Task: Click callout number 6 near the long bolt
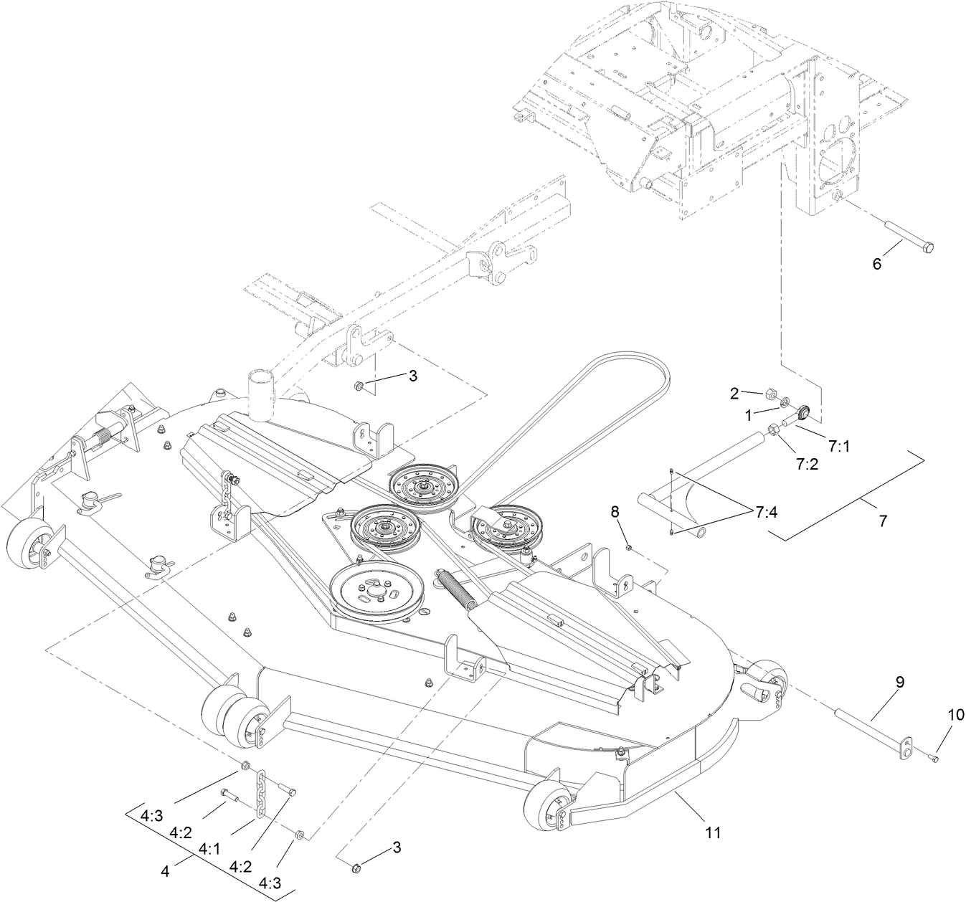coord(876,263)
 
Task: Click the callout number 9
coord(900,683)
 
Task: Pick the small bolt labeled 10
coord(933,759)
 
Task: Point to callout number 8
coord(615,512)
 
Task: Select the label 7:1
coord(838,445)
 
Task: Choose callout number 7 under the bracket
coord(882,521)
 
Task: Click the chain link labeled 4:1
coord(262,789)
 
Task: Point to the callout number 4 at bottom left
coord(166,873)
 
